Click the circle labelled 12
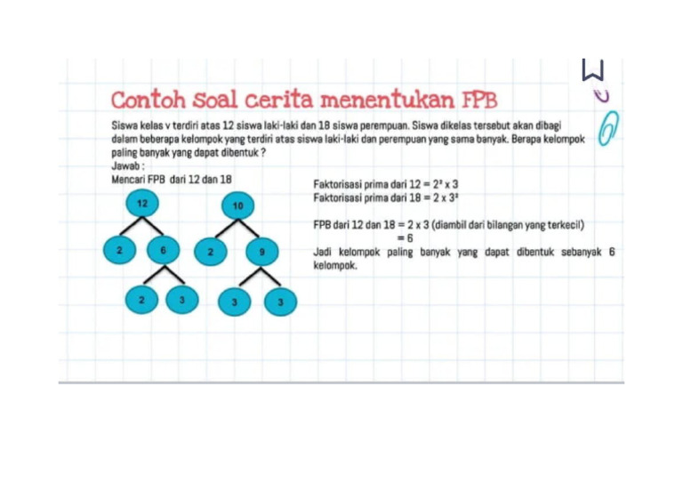(x=141, y=203)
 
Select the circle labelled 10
(x=237, y=206)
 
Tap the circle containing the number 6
(x=164, y=251)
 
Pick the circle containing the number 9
(x=261, y=253)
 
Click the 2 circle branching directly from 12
(x=118, y=251)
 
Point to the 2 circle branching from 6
(x=141, y=300)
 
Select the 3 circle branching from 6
(x=182, y=300)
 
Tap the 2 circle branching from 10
(x=210, y=253)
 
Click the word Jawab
(x=128, y=165)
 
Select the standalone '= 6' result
(x=406, y=238)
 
